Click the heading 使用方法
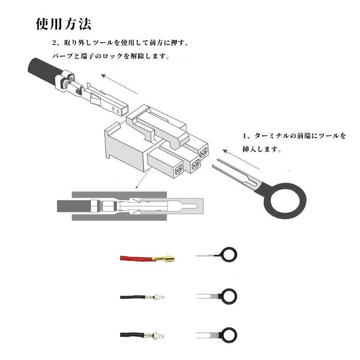(63, 24)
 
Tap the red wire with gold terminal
(147, 258)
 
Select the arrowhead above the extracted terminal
(103, 76)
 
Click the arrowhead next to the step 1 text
(225, 151)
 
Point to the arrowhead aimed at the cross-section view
(137, 186)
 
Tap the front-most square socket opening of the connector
(178, 170)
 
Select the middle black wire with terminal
(142, 297)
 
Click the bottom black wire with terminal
(142, 335)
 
